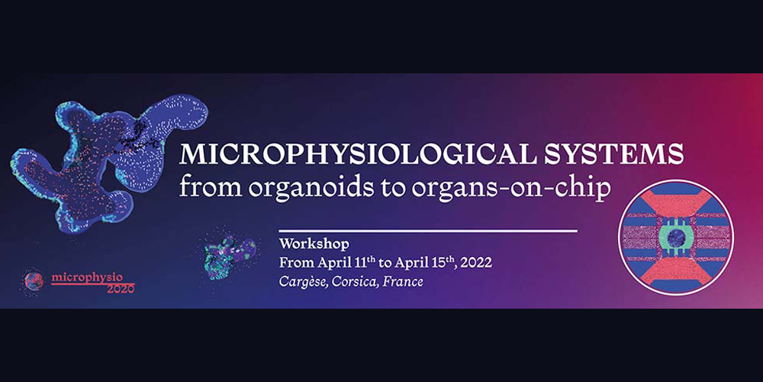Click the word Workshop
pos(314,243)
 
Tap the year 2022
pos(476,263)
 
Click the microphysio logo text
pos(87,278)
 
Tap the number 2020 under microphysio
pos(121,289)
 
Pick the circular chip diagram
pos(676,238)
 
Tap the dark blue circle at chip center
pos(676,238)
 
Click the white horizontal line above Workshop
pos(428,231)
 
